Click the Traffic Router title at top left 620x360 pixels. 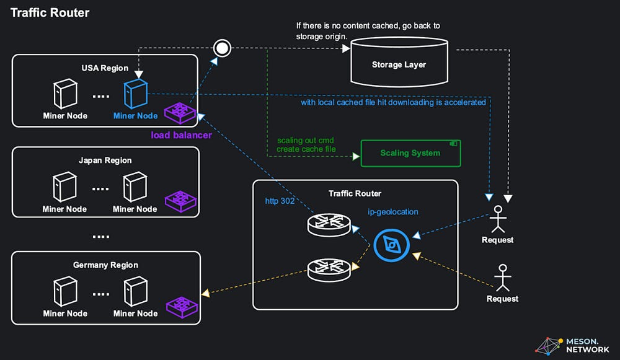[50, 12]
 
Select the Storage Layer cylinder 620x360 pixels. [399, 61]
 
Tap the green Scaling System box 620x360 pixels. [410, 153]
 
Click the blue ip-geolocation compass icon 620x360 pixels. [391, 245]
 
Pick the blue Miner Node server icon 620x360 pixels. [136, 94]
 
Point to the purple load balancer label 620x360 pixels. [181, 135]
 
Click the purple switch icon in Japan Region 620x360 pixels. [180, 201]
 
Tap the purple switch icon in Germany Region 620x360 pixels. [182, 307]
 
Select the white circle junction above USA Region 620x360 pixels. [222, 48]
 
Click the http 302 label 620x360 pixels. [280, 201]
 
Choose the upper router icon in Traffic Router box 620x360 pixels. [329, 224]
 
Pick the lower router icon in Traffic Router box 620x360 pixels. [329, 270]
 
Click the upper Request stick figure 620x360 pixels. [498, 219]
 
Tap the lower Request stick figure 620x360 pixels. [503, 278]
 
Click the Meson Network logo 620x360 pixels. [572, 346]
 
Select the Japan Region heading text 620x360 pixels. [105, 160]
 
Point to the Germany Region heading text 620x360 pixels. [105, 265]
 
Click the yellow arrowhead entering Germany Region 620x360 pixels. [205, 293]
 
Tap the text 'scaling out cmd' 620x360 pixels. [305, 140]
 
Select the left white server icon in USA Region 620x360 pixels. [65, 94]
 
